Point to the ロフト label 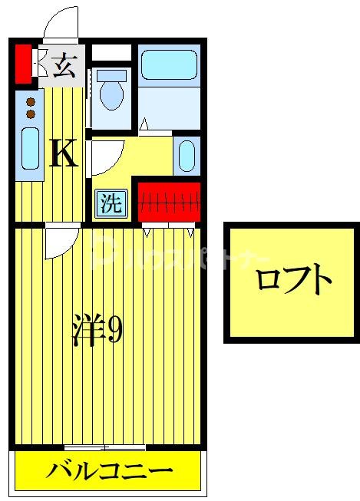coord(293,282)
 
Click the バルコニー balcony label coord(108,470)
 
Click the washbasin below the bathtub coord(187,156)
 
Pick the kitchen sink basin coord(30,148)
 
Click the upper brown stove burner coord(31,101)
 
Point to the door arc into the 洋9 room coord(57,244)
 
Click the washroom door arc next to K coord(104,157)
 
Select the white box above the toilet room coord(112,53)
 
